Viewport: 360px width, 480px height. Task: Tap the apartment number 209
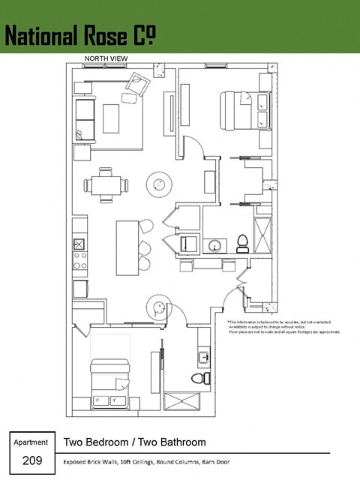point(31,460)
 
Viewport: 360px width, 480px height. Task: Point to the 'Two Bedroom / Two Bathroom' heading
point(135,442)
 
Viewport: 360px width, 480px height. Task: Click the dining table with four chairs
point(106,185)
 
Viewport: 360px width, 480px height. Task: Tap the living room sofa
point(82,118)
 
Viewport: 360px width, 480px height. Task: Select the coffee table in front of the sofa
point(112,118)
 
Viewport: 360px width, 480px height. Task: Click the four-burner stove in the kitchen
point(79,261)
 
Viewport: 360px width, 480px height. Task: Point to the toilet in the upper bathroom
point(242,242)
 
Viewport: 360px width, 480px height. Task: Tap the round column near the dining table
point(159,182)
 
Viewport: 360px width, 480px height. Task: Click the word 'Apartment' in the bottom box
point(31,442)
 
